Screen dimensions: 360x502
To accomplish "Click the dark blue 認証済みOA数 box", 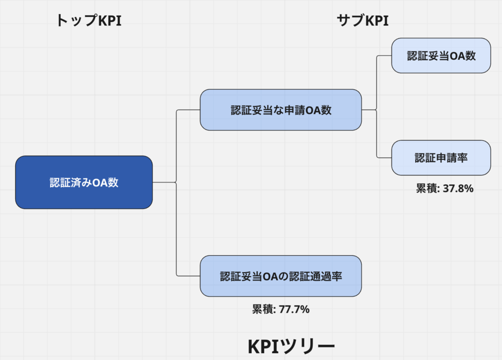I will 84,183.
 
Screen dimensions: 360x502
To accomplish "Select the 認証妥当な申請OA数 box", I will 281,110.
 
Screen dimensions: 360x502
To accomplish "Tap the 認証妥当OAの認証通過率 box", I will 281,276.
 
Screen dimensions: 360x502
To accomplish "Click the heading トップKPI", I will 88,21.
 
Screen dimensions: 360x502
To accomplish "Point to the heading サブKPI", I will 363,21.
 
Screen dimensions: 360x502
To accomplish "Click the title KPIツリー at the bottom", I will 291,345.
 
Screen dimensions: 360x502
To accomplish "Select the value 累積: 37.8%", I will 445,189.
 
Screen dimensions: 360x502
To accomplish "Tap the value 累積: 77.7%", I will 281,309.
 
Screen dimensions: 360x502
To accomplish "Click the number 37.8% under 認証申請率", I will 458,189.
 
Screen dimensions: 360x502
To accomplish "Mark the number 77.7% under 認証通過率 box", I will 294,309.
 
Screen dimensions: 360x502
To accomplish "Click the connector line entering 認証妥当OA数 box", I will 384,55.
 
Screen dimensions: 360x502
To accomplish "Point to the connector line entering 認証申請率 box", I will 384,158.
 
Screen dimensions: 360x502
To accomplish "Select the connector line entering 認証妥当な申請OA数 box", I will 189,110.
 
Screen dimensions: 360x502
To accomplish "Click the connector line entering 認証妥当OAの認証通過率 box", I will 189,276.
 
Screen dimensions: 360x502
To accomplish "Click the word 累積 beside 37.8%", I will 426,189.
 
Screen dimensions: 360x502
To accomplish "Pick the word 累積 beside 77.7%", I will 262,309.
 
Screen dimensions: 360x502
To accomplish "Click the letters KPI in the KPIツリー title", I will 266,345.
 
